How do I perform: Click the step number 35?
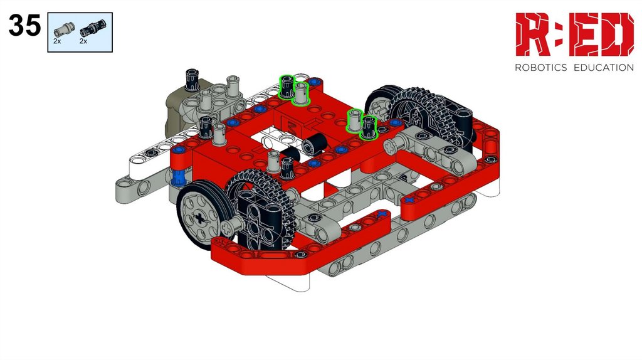[24, 25]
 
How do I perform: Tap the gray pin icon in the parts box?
[65, 29]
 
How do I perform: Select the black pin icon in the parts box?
[93, 28]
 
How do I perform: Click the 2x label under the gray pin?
[57, 41]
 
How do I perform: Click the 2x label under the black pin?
[83, 41]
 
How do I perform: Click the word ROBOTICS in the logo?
[540, 68]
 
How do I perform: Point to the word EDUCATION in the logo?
[604, 68]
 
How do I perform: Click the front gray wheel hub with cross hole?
[199, 218]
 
